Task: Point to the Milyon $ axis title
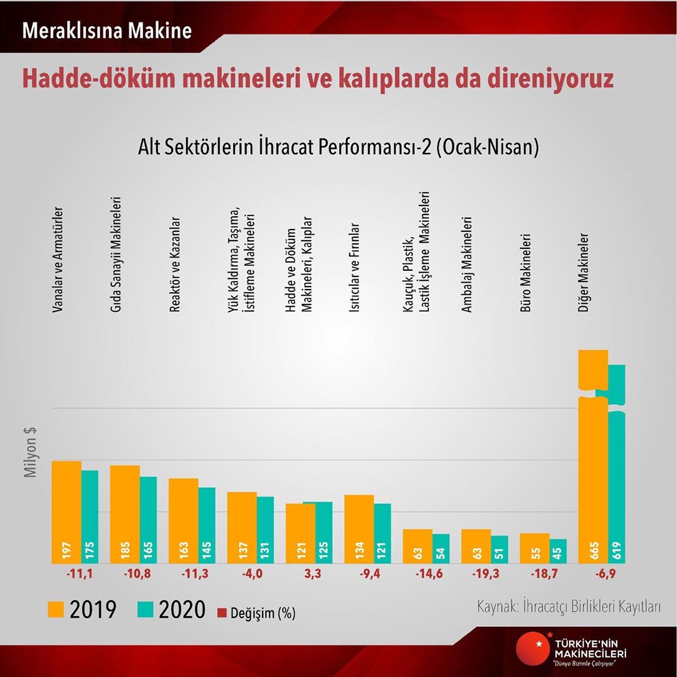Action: pos(30,453)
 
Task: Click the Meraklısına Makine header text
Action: pos(107,31)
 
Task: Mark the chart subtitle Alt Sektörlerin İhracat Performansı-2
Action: pos(338,149)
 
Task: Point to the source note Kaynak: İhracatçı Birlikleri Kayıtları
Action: pos(569,607)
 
